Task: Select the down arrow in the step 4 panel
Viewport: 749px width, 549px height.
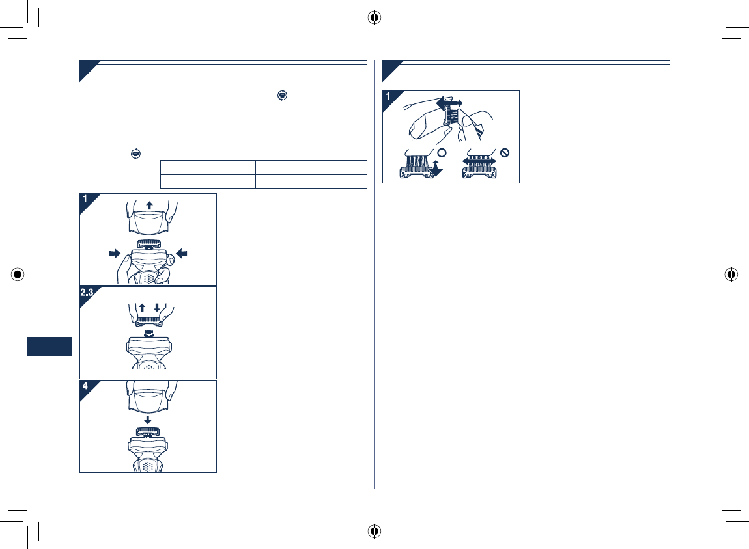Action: tap(148, 420)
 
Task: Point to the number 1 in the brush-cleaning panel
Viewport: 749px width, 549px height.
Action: tap(388, 97)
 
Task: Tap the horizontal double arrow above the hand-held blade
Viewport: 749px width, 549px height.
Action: tap(449, 103)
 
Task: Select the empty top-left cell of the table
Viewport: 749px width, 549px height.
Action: tap(207, 166)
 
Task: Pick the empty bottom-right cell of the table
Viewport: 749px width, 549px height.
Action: tap(311, 181)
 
